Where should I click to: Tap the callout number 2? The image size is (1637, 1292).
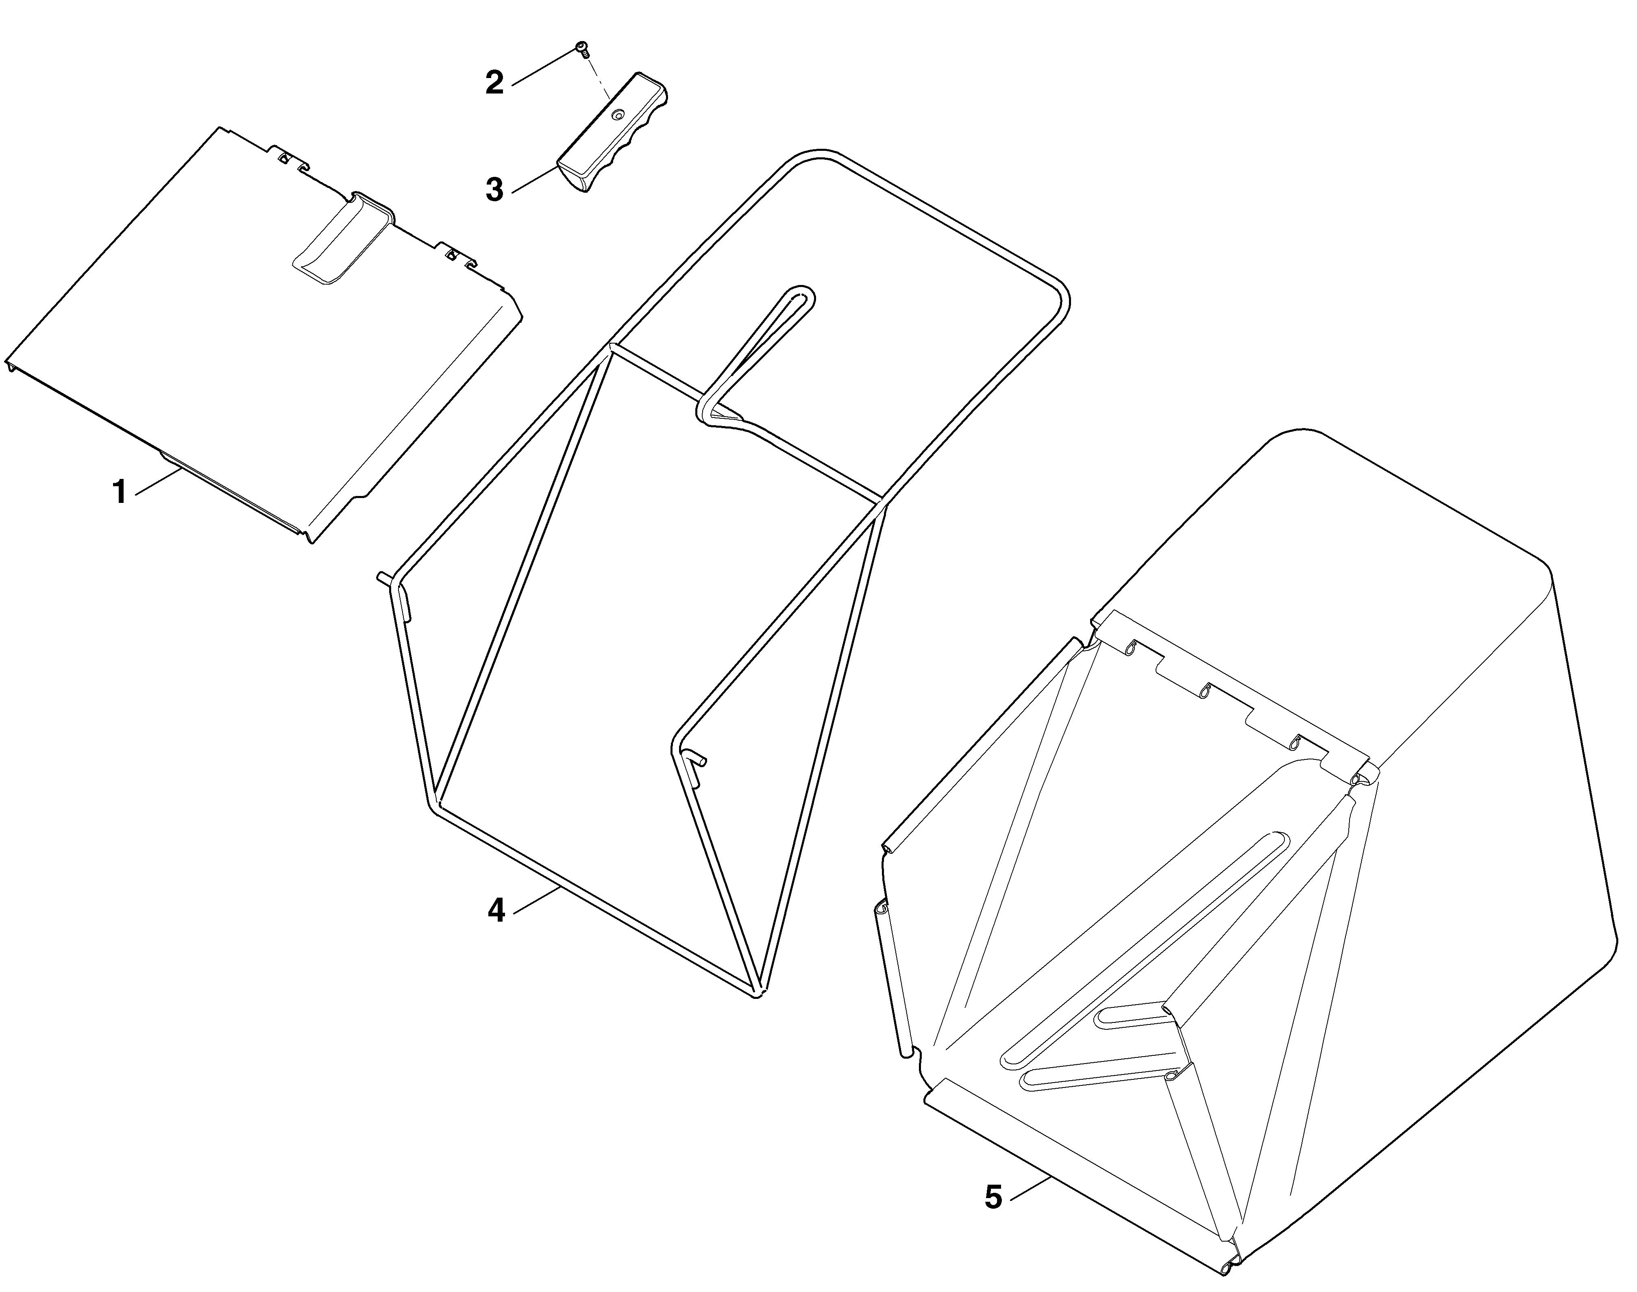pos(494,83)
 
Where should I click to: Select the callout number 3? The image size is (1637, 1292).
pos(494,189)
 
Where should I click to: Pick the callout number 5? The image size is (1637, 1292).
pos(993,1197)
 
